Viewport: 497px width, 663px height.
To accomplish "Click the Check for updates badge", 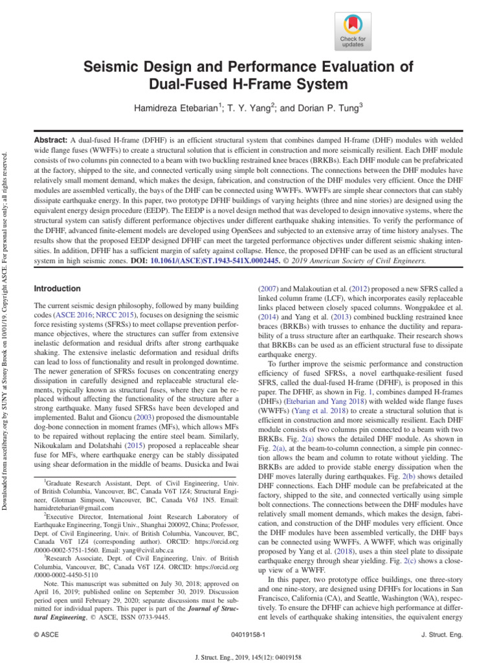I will (x=353, y=30).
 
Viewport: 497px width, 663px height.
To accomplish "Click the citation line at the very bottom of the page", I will (x=248, y=655).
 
